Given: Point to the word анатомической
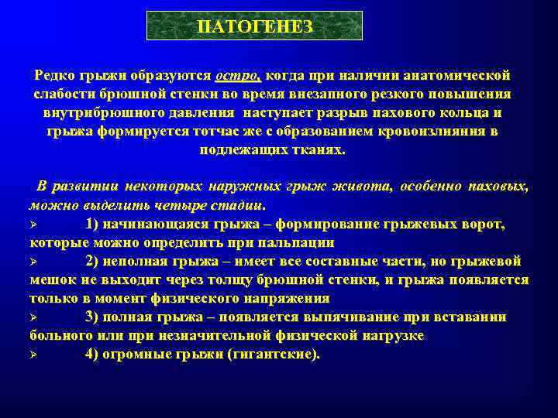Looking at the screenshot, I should point(460,76).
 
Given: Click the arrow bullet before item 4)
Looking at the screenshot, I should point(33,355).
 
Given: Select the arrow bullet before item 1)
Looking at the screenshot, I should point(33,224).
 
